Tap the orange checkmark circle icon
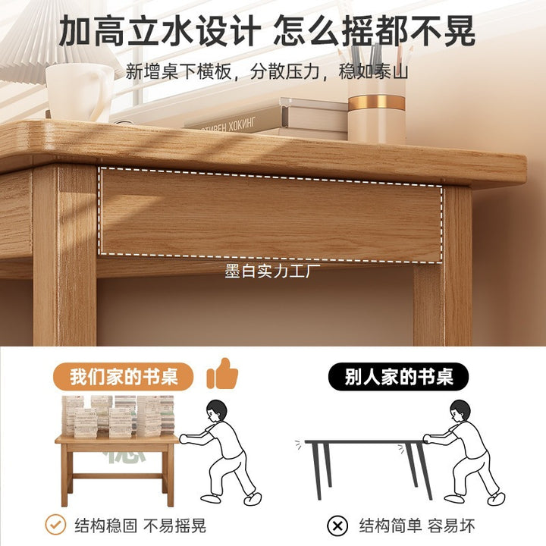pos(55,525)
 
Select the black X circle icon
pos(337,526)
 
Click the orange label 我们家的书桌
pos(124,376)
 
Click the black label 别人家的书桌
pos(398,376)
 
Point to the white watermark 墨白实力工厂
pos(272,271)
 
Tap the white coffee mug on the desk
pos(80,93)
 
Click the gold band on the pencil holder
pos(376,102)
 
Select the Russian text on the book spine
pos(228,125)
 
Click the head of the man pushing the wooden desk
pos(216,411)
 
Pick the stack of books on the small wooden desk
pos(118,416)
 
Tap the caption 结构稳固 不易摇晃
pos(140,526)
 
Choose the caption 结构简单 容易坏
pos(417,526)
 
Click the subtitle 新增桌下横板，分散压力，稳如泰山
pos(267,71)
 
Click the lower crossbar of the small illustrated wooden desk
pos(118,475)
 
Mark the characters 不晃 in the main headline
pos(443,30)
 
